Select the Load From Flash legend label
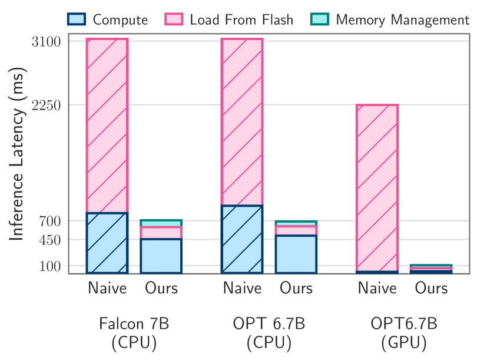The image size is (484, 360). (x=241, y=19)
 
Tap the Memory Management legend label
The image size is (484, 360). (x=402, y=19)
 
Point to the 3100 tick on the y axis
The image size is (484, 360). (x=49, y=42)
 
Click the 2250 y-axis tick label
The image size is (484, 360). (x=49, y=105)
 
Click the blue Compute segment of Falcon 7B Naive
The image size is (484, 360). (x=107, y=243)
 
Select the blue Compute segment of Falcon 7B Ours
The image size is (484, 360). (x=161, y=256)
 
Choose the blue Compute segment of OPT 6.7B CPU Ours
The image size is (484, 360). (x=296, y=254)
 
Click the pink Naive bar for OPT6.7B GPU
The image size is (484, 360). (x=377, y=187)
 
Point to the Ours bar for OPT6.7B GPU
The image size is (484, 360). (x=431, y=269)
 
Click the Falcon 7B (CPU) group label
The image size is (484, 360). (x=134, y=333)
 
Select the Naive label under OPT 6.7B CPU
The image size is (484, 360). (x=242, y=288)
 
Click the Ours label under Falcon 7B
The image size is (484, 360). (x=161, y=288)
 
